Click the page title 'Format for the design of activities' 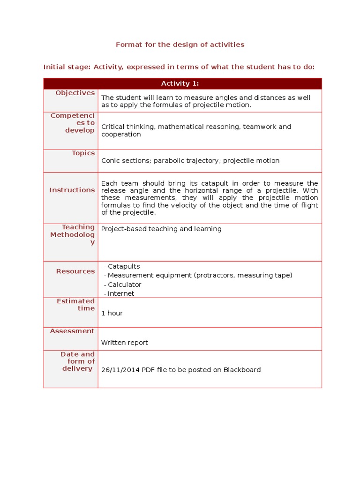180,45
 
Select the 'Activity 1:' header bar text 180,83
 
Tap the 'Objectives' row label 75,93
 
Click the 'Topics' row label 83,153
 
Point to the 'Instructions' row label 72,190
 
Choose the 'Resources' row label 75,271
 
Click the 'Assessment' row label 72,331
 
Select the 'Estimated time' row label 76,305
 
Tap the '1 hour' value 112,313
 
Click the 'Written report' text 125,343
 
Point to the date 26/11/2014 120,370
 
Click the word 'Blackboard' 242,370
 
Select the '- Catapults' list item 122,266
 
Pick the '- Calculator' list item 122,285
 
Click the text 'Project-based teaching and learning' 161,229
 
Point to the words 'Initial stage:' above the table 67,67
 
